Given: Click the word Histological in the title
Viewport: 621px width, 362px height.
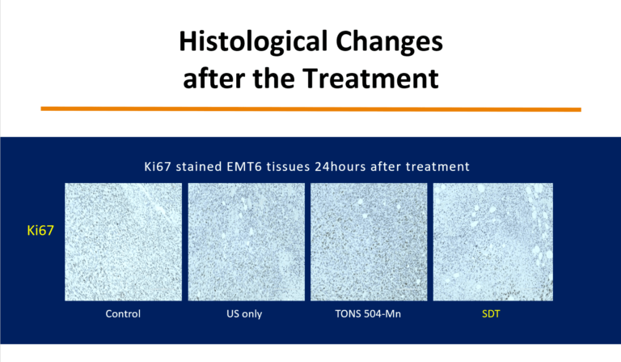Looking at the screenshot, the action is pyautogui.click(x=253, y=42).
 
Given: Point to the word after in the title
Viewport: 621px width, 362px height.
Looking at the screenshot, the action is pyautogui.click(x=213, y=78).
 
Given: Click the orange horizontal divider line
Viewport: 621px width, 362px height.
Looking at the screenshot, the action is pyautogui.click(x=310, y=109).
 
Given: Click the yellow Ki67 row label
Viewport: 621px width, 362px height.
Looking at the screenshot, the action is pyautogui.click(x=40, y=230).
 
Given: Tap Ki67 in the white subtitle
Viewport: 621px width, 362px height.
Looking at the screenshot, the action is pyautogui.click(x=157, y=167).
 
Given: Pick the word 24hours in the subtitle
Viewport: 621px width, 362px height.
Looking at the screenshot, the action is pyautogui.click(x=340, y=167).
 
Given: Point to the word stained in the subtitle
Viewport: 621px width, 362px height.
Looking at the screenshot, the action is pyautogui.click(x=199, y=167).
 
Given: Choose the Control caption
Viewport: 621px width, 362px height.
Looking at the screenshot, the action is pyautogui.click(x=123, y=313).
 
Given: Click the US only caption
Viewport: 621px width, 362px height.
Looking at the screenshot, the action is pyautogui.click(x=244, y=313).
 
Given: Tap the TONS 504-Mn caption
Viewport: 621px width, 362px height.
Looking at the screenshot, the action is pyautogui.click(x=368, y=313).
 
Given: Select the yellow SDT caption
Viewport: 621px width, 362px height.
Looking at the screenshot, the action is pyautogui.click(x=491, y=313).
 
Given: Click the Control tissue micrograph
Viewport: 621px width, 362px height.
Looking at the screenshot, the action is pyautogui.click(x=123, y=241).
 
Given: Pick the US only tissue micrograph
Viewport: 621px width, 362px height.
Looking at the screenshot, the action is pyautogui.click(x=247, y=241).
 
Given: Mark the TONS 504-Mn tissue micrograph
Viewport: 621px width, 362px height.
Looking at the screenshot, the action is pyautogui.click(x=369, y=241).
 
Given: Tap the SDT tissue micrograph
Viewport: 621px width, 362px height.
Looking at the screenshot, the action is pyautogui.click(x=493, y=241).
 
